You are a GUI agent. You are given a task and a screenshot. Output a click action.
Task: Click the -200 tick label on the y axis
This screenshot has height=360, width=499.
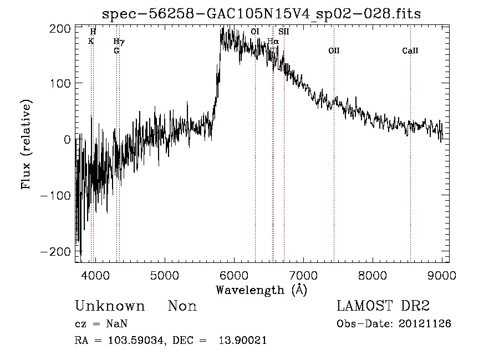pyautogui.click(x=55, y=252)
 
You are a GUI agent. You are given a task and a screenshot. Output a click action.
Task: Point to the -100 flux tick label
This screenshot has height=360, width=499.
pyautogui.click(x=55, y=196)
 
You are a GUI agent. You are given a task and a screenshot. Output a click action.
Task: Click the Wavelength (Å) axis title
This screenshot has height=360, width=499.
pyautogui.click(x=261, y=290)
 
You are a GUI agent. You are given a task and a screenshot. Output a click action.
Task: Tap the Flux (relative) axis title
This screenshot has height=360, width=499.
pyautogui.click(x=27, y=144)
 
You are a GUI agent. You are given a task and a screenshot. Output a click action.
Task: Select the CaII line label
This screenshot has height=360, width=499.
pyautogui.click(x=410, y=51)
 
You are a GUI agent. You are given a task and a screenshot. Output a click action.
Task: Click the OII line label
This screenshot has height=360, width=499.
pyautogui.click(x=334, y=51)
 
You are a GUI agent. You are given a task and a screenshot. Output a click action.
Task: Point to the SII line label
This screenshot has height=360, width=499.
pyautogui.click(x=284, y=32)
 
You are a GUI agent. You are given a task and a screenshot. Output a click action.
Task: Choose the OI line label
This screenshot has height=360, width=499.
pyautogui.click(x=255, y=32)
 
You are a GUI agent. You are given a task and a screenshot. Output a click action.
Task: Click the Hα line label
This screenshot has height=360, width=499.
pyautogui.click(x=273, y=41)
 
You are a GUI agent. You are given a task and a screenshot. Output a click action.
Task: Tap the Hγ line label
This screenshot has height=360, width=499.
pyautogui.click(x=119, y=41)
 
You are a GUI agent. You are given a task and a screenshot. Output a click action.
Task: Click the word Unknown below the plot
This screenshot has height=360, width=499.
pyautogui.click(x=110, y=306)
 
